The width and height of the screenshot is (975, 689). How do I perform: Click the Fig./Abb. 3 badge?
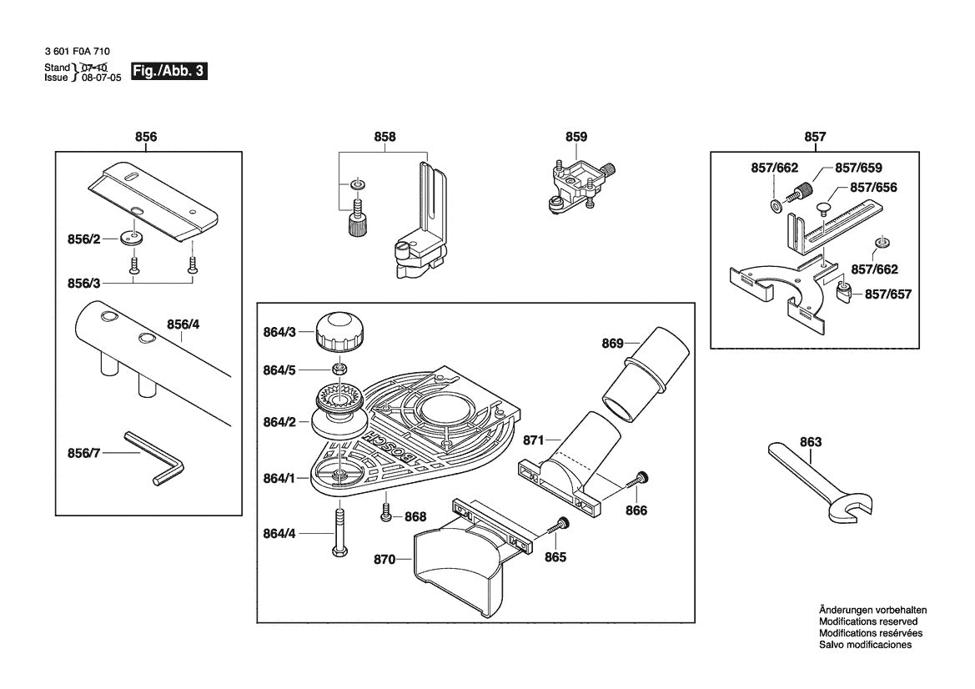168,72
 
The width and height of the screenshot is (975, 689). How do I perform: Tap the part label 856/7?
83,453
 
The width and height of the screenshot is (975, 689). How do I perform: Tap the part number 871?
534,439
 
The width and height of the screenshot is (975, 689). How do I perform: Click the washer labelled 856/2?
132,237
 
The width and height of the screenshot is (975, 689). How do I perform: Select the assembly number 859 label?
576,137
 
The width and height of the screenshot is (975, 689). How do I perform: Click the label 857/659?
858,168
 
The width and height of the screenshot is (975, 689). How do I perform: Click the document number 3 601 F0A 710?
77,52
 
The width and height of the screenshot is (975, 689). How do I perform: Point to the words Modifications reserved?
867,621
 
